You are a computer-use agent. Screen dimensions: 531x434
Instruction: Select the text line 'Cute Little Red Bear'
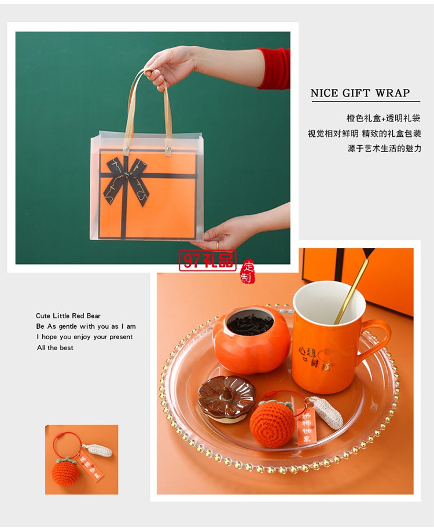pyautogui.click(x=68, y=316)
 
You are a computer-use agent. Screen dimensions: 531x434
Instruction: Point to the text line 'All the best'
pyautogui.click(x=56, y=348)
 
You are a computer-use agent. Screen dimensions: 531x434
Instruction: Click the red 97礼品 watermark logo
pyautogui.click(x=208, y=261)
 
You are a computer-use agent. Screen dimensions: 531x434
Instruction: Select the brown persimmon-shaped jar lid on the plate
pyautogui.click(x=227, y=395)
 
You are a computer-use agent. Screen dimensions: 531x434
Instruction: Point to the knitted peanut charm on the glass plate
pyautogui.click(x=326, y=411)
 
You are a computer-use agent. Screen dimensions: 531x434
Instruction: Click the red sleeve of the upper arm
pyautogui.click(x=274, y=68)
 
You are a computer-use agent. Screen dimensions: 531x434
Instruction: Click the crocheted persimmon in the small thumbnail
pyautogui.click(x=64, y=470)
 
